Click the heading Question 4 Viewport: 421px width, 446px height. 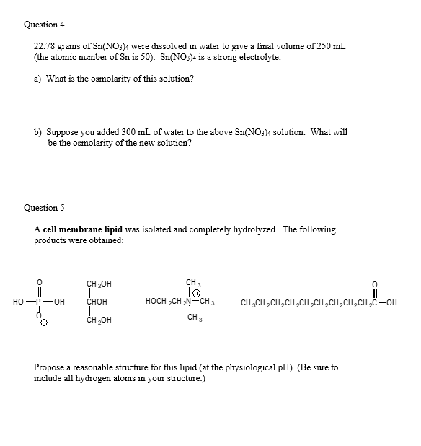point(44,25)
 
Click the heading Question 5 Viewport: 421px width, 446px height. point(44,207)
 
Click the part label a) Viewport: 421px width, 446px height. point(38,78)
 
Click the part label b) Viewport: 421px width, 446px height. point(38,132)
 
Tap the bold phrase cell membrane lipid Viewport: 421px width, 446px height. point(81,229)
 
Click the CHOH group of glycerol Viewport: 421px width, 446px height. point(98,301)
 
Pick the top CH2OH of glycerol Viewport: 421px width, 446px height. point(99,284)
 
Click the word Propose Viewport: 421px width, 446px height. point(50,367)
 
